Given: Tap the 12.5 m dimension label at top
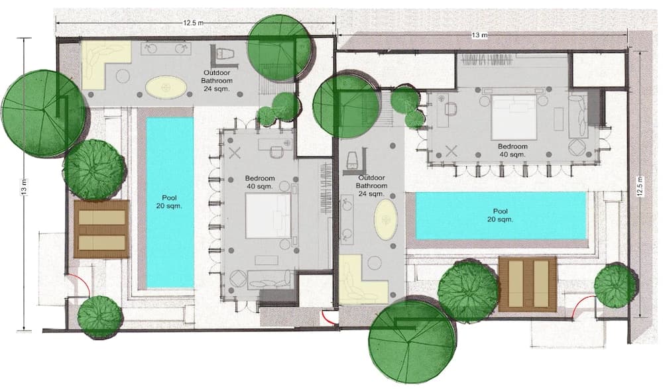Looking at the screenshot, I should point(194,23).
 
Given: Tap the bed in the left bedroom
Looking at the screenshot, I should point(269,216).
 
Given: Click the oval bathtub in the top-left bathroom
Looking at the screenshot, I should point(166,87).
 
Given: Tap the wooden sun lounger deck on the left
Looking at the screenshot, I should point(101,229).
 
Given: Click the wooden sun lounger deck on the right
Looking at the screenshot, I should point(528,283).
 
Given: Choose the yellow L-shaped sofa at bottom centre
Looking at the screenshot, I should point(361,282).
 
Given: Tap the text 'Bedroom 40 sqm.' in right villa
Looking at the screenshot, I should point(512,150).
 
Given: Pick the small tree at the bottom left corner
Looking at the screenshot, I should point(100,316).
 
